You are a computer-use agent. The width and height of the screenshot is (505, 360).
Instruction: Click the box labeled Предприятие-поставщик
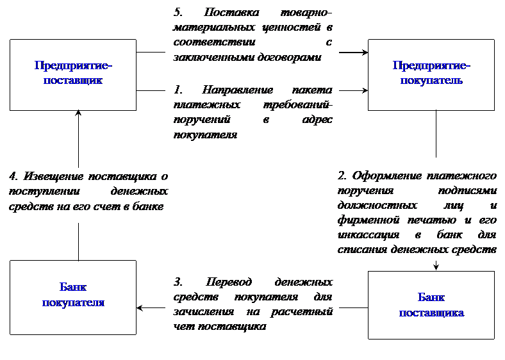[x=73, y=75]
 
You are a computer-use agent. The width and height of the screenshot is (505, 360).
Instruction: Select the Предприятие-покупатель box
[x=431, y=75]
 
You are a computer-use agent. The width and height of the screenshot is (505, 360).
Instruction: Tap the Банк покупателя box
[x=73, y=297]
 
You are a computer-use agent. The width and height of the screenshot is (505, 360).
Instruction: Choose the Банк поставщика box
[x=431, y=305]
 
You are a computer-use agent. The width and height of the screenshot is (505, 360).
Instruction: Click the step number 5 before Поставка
[x=178, y=12]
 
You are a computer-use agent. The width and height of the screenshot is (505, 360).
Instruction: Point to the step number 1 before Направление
[x=178, y=90]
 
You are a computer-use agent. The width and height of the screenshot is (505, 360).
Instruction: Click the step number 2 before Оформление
[x=342, y=176]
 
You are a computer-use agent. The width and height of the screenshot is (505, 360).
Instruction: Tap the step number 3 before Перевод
[x=178, y=282]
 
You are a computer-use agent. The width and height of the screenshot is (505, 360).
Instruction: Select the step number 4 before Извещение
[x=13, y=176]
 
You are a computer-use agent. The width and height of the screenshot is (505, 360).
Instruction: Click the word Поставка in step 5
[x=231, y=12]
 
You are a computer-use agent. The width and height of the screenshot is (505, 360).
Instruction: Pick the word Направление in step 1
[x=237, y=90]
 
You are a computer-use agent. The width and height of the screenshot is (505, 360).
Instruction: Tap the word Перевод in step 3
[x=229, y=282]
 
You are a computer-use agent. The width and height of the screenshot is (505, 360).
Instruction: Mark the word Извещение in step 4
[x=53, y=176]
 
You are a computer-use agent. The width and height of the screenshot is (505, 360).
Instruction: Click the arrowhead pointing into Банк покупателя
[x=140, y=308]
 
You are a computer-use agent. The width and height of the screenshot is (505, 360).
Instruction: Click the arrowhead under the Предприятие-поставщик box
[x=78, y=113]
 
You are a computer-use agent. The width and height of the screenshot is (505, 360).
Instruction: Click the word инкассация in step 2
[x=368, y=235]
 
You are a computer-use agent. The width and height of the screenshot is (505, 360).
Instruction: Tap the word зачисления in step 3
[x=204, y=312]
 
